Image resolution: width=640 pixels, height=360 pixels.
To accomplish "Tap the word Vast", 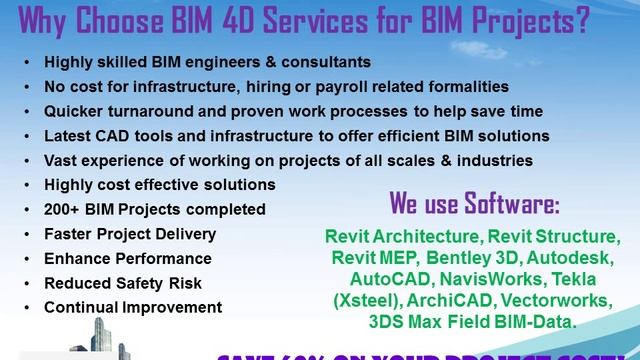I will click(x=63, y=160).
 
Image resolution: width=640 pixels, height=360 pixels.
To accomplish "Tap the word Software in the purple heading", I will click(x=506, y=206).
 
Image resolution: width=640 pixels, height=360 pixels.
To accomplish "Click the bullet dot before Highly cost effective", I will click(x=25, y=185).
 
